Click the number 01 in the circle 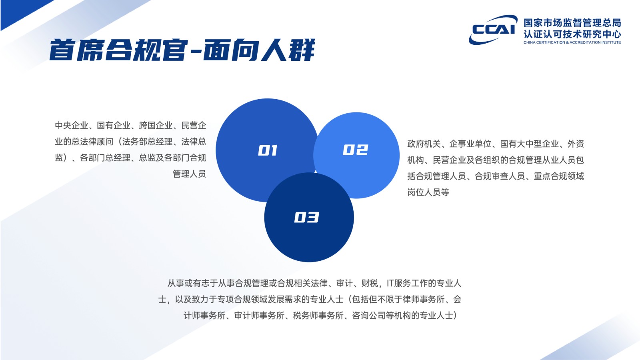coord(268,150)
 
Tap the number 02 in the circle coord(356,150)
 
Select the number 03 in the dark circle coord(306,218)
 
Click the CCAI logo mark coord(493,30)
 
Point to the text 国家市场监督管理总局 coord(572,22)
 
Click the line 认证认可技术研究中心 coord(572,34)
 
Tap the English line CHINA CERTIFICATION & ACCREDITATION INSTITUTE coord(572,42)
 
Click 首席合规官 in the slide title coord(118,50)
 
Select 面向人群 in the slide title coord(259,50)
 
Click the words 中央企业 coord(72,126)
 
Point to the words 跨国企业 coord(156,126)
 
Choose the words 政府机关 coord(424,144)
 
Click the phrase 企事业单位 coord(470,144)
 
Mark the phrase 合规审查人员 coord(500,176)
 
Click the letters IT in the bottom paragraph coord(390,283)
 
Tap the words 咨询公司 coord(369,316)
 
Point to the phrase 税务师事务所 coord(318,316)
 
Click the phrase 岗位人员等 coord(428,192)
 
